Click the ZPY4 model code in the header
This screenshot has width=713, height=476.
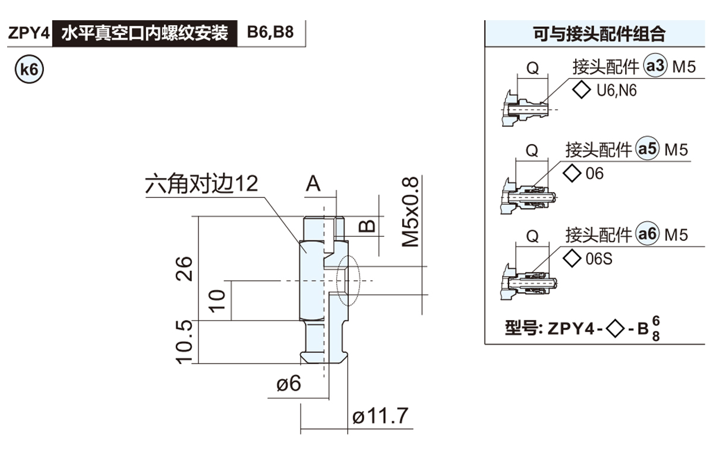click(28, 33)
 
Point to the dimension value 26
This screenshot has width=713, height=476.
click(185, 268)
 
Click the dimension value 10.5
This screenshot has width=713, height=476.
click(185, 341)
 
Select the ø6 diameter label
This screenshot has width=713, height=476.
click(289, 384)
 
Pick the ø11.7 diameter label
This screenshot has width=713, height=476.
click(380, 416)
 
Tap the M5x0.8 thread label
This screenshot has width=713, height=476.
click(411, 212)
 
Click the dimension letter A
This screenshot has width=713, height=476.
click(313, 184)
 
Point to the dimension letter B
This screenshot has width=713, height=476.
click(368, 226)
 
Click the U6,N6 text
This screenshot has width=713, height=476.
click(616, 92)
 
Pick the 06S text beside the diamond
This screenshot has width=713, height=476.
click(599, 259)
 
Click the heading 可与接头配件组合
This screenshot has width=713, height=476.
click(599, 34)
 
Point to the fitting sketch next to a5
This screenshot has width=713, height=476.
click(528, 194)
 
